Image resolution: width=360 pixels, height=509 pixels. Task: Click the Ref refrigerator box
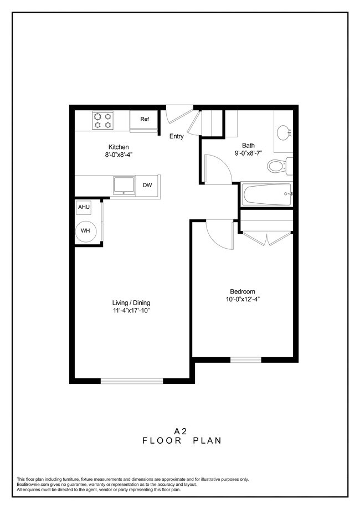145,119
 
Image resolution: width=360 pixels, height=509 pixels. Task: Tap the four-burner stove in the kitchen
102,120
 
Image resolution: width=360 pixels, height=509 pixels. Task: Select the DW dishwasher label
147,186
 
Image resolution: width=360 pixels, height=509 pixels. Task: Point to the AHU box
84,207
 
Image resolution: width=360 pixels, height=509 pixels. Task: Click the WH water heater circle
86,230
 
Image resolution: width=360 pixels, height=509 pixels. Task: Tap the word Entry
177,136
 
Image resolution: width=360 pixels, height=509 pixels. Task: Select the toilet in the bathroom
277,165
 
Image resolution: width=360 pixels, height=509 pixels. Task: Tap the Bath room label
248,146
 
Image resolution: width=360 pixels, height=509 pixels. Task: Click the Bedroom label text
242,292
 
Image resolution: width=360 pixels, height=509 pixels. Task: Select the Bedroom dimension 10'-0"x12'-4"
242,300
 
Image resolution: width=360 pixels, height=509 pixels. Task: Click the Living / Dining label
131,303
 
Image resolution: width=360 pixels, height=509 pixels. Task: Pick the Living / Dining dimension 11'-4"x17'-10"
131,311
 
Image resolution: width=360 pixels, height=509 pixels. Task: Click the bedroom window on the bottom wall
245,359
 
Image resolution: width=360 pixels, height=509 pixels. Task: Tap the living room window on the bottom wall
132,381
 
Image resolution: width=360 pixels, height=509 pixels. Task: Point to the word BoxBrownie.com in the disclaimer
32,484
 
